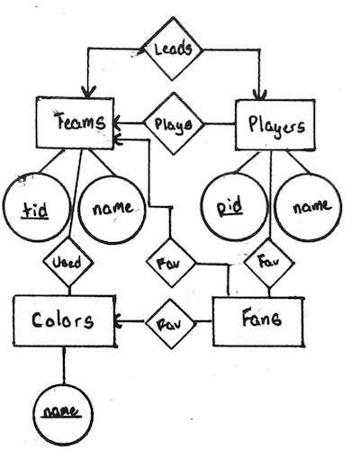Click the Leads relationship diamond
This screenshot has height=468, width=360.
tap(172, 49)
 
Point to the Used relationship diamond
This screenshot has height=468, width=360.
tap(70, 264)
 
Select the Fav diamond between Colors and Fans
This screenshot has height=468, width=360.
tap(166, 320)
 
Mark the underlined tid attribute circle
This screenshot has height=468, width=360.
tap(33, 206)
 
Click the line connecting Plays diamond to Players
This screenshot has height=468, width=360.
tap(220, 124)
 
